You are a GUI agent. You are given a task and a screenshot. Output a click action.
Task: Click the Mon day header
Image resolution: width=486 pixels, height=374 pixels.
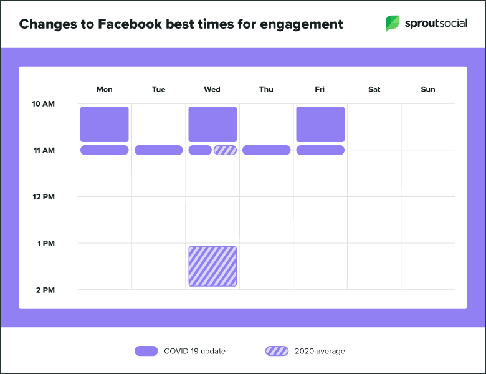105,89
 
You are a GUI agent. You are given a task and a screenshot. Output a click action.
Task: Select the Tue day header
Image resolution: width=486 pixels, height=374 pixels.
158,89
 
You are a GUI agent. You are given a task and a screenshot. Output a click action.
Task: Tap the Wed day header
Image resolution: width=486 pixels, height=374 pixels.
212,89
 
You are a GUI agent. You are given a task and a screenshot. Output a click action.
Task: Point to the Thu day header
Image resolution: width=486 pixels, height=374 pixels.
266,89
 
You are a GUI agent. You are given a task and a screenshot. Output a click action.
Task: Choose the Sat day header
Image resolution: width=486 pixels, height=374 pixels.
374,89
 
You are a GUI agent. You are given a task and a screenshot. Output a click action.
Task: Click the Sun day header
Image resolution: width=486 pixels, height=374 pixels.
428,89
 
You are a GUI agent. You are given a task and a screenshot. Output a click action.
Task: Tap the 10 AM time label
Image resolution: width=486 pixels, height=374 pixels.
44,103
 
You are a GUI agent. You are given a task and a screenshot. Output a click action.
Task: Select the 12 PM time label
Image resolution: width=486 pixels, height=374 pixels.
44,197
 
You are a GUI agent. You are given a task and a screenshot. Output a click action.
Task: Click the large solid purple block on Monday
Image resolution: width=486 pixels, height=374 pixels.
105,124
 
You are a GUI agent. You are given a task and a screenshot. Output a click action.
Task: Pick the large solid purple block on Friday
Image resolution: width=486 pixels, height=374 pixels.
320,124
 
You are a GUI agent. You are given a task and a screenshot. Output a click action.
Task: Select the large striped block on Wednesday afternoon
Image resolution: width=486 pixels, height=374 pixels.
212,267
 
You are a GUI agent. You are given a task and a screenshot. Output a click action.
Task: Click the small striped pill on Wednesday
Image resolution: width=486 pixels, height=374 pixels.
225,150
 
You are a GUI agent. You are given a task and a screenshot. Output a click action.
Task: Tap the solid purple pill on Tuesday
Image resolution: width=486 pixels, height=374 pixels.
158,150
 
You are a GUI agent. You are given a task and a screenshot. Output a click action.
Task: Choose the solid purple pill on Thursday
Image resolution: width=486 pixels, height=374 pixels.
266,150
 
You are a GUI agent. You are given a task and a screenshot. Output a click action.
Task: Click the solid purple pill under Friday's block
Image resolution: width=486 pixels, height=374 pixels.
320,150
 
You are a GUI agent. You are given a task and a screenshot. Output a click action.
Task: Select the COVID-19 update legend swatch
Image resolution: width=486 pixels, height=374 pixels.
146,351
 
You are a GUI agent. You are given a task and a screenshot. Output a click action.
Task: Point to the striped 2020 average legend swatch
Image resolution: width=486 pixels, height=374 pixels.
277,351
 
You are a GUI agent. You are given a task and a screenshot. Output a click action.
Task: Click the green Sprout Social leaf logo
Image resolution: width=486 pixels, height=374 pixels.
393,24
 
